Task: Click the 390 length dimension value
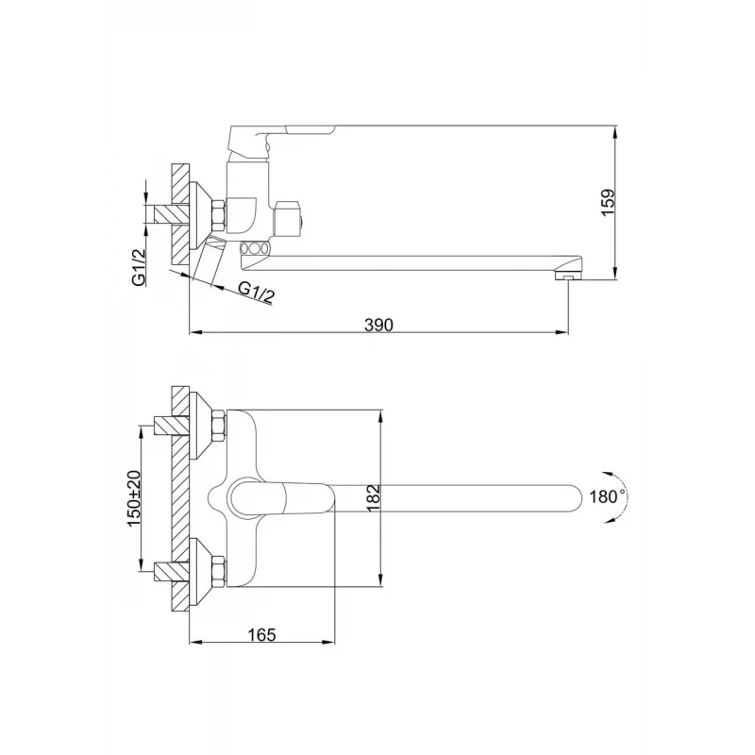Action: click(x=378, y=326)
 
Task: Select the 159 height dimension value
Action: click(x=608, y=203)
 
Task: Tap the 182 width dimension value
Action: click(x=374, y=498)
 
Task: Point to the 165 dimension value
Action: click(x=262, y=634)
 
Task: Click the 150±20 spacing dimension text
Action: click(x=134, y=498)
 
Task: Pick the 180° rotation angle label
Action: click(x=607, y=496)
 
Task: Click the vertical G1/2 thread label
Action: click(x=139, y=268)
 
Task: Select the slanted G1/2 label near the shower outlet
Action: click(x=256, y=293)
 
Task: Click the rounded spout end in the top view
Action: click(x=576, y=498)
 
